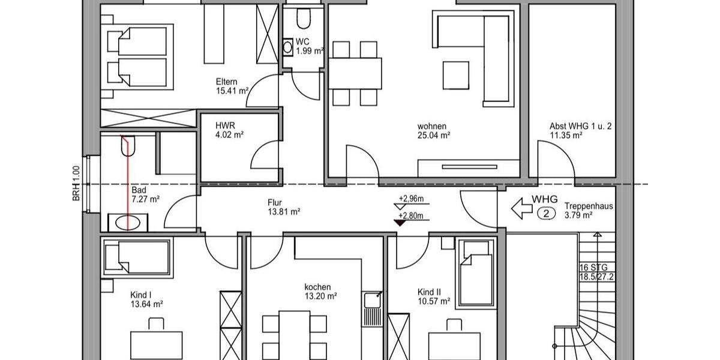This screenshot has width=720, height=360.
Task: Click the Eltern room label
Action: point(227,82)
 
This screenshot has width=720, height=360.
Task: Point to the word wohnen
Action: point(432,126)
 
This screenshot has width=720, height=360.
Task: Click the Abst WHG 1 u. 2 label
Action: point(580,127)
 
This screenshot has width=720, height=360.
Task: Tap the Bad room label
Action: point(139,190)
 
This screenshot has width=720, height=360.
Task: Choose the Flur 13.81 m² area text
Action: point(283,212)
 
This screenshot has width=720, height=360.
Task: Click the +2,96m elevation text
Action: point(411,199)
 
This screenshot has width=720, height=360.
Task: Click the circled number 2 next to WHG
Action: point(545,212)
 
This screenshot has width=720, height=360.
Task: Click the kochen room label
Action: point(317,287)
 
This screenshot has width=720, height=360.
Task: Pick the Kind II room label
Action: point(430,292)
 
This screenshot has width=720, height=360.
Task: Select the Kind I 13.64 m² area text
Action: point(147,304)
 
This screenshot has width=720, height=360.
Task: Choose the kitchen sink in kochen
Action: point(372,299)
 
